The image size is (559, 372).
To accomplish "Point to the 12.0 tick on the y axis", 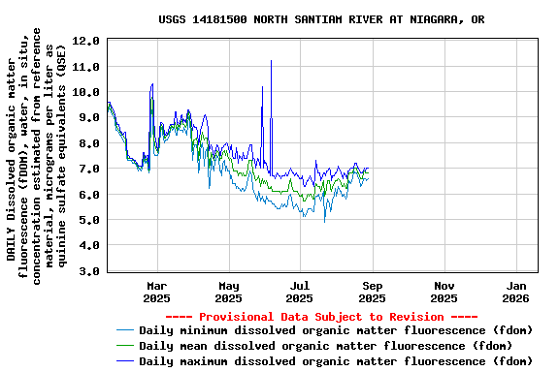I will click(86, 41).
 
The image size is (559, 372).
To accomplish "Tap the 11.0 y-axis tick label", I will click(86, 67).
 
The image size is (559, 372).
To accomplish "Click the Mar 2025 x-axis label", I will click(156, 292).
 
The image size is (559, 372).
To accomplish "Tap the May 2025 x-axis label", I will click(228, 292).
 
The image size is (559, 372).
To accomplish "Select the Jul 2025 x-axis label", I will click(300, 292).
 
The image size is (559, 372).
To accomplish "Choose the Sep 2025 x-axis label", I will click(373, 292).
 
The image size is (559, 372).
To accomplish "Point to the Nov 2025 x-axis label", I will click(444, 292).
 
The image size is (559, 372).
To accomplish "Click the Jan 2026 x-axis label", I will click(516, 292).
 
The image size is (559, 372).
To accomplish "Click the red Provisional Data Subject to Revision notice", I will click(321, 317).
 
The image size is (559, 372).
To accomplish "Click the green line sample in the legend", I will click(125, 346).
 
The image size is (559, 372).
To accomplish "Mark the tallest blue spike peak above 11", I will click(271, 61).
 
